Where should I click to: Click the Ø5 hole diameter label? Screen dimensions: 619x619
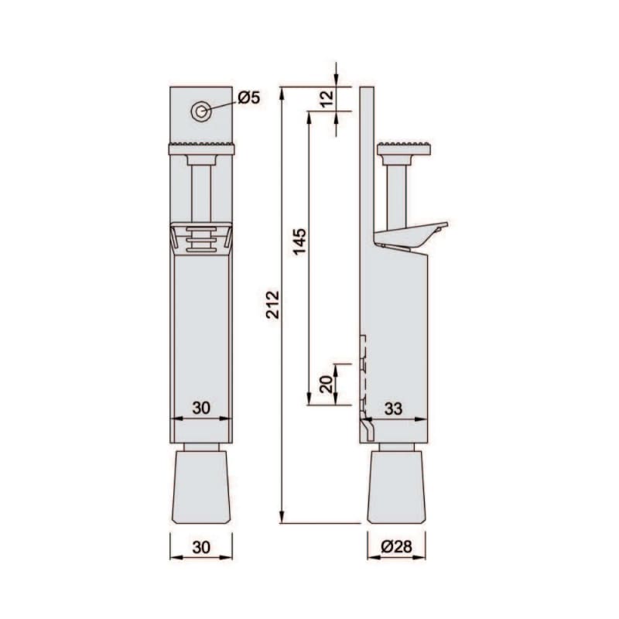point(249,97)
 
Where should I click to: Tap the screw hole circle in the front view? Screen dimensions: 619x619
point(201,111)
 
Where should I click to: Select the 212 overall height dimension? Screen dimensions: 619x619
point(273,304)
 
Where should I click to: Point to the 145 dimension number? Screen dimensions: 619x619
point(299,241)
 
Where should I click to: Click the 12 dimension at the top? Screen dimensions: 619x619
point(327,99)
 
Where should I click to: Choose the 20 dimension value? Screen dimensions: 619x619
point(327,384)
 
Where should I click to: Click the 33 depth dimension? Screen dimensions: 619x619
point(393,409)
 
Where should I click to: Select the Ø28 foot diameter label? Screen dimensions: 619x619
point(397,546)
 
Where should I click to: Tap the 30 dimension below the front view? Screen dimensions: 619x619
point(201,548)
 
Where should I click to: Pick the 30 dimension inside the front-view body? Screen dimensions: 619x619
point(201,408)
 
